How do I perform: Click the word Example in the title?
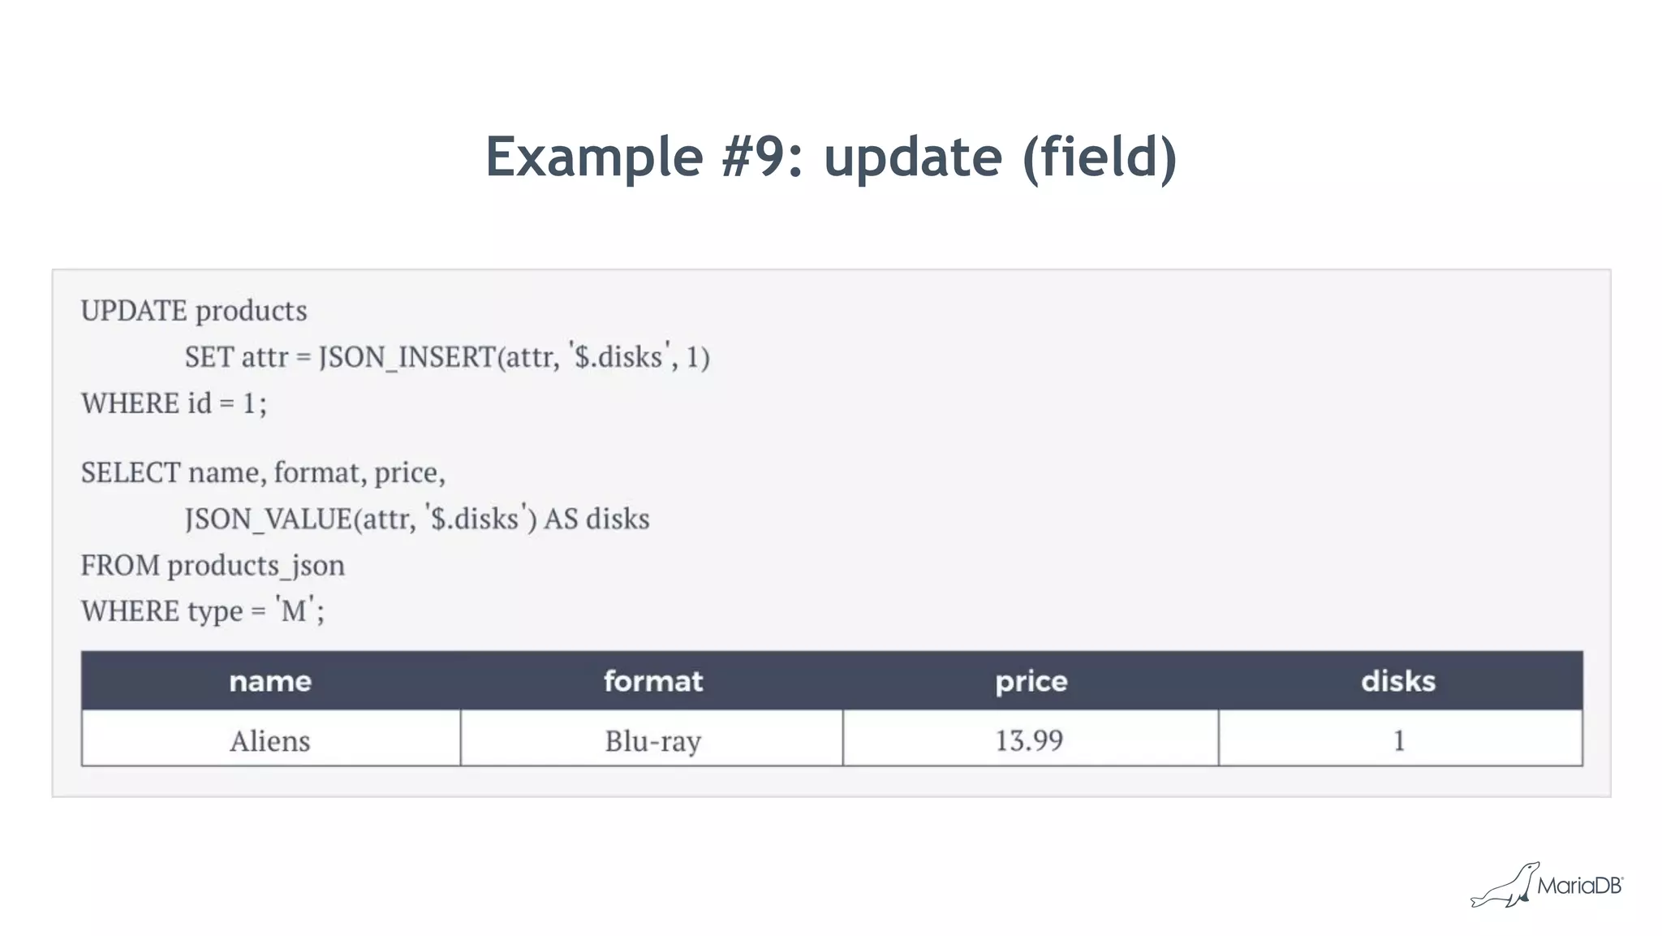tap(594, 157)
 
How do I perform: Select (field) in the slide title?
tap(1100, 157)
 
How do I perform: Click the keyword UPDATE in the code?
tap(134, 311)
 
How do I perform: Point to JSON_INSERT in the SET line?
tap(406, 357)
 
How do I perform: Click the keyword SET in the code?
tap(209, 357)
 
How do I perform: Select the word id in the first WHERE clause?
tap(200, 403)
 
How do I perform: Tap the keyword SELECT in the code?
tap(130, 472)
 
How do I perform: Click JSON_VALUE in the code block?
tap(268, 519)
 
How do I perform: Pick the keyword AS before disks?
tap(561, 519)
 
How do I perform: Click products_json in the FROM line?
tap(256, 565)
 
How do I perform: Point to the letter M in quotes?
tap(294, 611)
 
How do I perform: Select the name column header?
tap(270, 681)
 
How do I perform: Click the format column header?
tap(653, 681)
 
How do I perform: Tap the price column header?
tap(1031, 681)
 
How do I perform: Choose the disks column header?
tap(1398, 681)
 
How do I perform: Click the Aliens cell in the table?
tap(270, 740)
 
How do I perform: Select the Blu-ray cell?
tap(653, 740)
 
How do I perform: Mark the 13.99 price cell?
tap(1029, 740)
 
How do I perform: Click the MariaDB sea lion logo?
tap(1506, 886)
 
